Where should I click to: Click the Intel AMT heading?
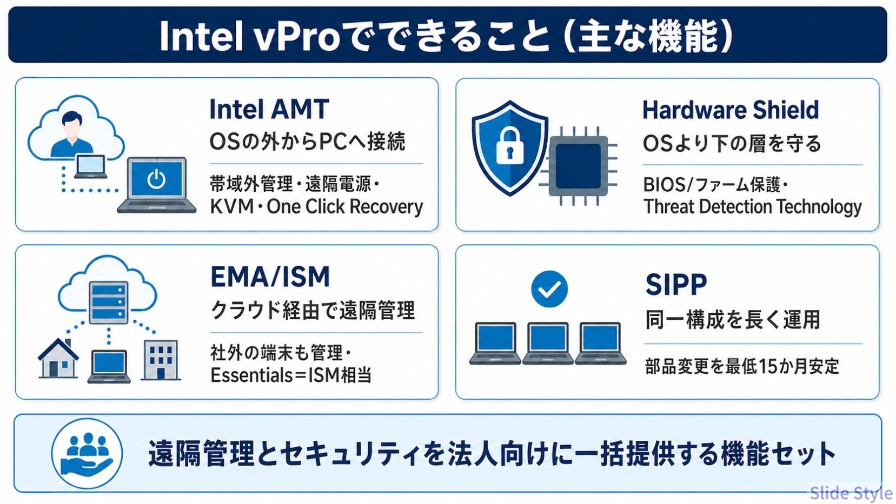(x=269, y=109)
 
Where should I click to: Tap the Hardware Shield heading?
(x=731, y=110)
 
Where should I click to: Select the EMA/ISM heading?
(x=270, y=276)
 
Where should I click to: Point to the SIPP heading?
(x=676, y=284)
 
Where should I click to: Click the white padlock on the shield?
(x=509, y=145)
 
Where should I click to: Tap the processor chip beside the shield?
(x=578, y=166)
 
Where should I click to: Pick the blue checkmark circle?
(x=549, y=289)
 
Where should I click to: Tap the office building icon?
(x=161, y=360)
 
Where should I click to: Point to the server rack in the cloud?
(x=108, y=302)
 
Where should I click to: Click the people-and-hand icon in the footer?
(x=87, y=453)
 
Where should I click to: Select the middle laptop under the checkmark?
(x=548, y=343)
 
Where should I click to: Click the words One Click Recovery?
(x=344, y=207)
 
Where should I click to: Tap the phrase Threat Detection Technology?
(x=752, y=207)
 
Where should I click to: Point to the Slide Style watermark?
(x=851, y=493)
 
